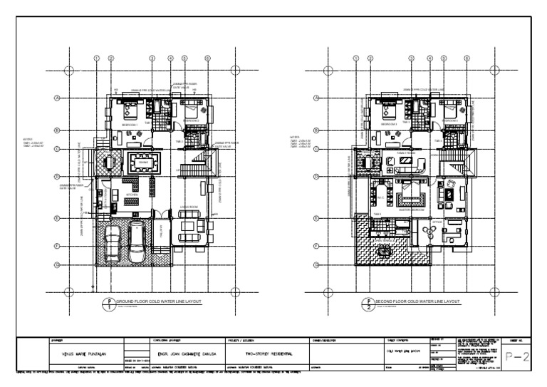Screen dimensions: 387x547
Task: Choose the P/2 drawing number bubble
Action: [368, 304]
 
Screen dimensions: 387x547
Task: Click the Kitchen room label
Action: [132, 194]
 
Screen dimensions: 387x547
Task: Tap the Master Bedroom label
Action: [412, 210]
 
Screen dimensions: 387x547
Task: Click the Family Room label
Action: [406, 153]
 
